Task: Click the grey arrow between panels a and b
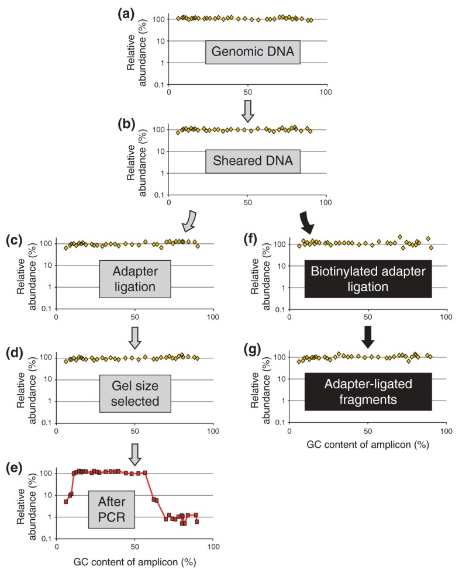click(x=248, y=111)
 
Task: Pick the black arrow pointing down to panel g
click(x=368, y=336)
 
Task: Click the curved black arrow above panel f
click(x=306, y=221)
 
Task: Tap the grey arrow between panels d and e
click(x=134, y=451)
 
